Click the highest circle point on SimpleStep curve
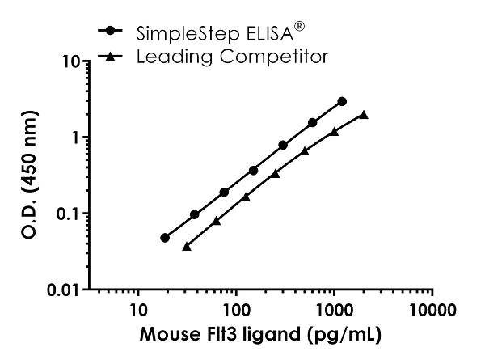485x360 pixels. (342, 101)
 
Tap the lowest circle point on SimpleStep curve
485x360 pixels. (165, 238)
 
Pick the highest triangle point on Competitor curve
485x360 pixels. (364, 115)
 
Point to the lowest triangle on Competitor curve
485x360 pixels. (187, 246)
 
